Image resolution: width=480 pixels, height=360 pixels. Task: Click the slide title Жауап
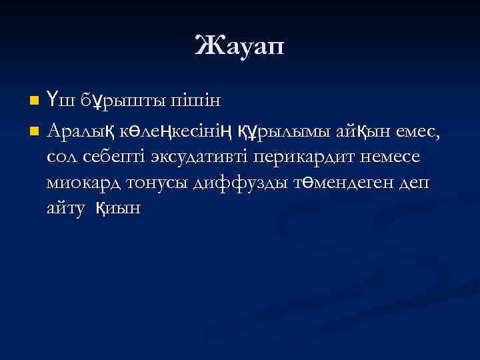(240, 47)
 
